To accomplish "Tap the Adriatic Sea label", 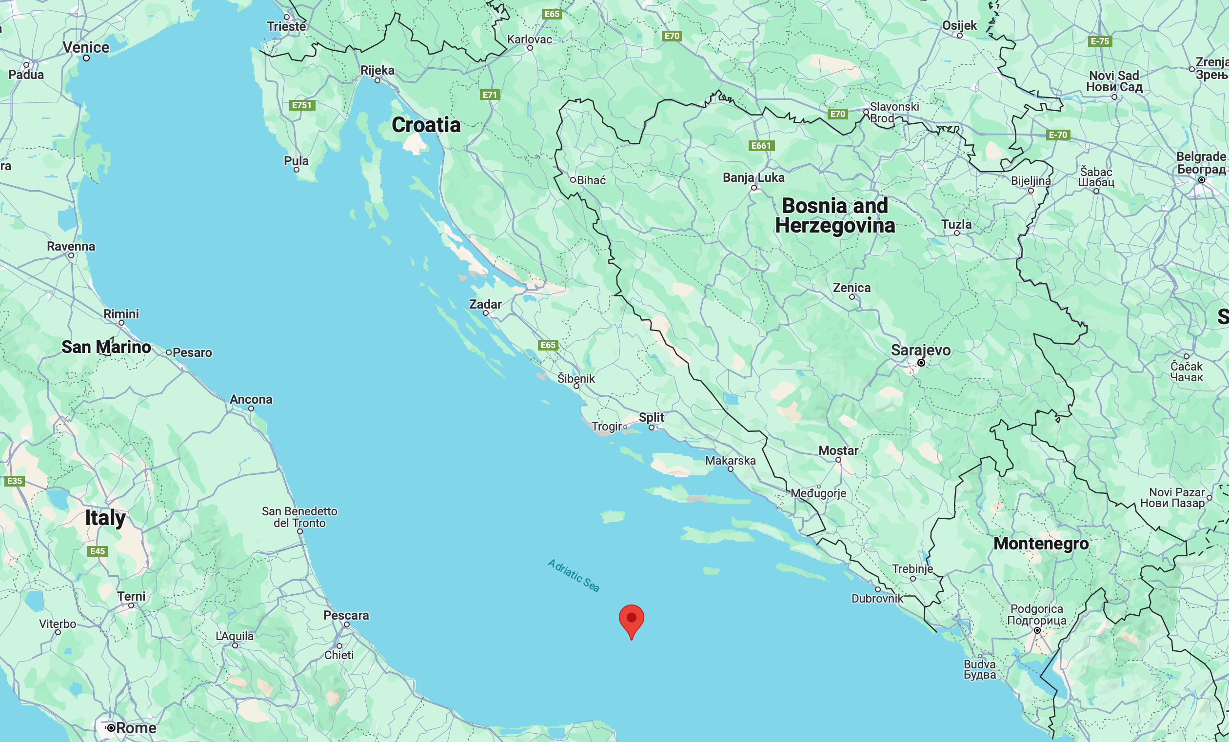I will point(574,575).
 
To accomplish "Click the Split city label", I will point(651,417).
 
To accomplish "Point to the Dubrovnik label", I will point(877,598).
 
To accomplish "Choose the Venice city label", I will point(86,47).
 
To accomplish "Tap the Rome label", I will point(136,728).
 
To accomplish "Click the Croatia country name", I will point(426,125).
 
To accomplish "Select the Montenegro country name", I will point(1041,543).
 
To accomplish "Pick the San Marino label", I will point(106,347).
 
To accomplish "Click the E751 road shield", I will point(302,105).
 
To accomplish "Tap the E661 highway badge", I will point(761,146).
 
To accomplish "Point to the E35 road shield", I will point(15,481).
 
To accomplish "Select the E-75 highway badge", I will point(1099,41).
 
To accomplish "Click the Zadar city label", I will point(485,304).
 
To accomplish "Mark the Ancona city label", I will point(251,399).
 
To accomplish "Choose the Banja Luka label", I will point(753,177).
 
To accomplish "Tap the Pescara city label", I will point(346,615).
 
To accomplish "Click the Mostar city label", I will point(838,450).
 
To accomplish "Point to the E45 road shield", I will point(97,551).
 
